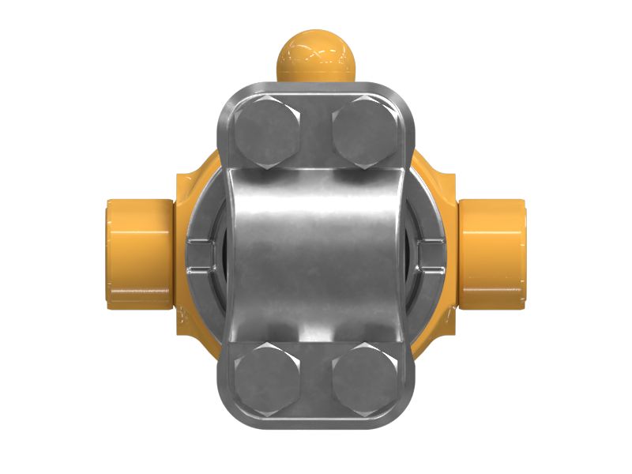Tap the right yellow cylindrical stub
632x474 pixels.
pyautogui.click(x=492, y=254)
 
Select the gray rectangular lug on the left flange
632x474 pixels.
pyautogui.click(x=202, y=254)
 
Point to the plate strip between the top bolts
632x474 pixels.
pyautogui.click(x=316, y=126)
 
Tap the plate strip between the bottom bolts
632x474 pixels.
pyautogui.click(x=316, y=383)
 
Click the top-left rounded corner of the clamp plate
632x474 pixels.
pyautogui.click(x=231, y=96)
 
